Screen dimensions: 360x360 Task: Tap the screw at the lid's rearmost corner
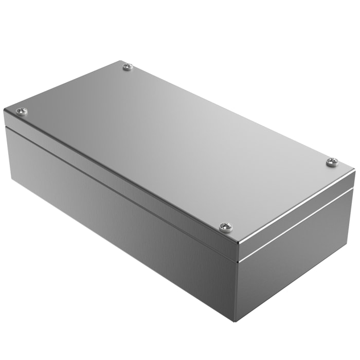tap(127, 66)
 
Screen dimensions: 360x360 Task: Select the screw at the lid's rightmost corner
tap(332, 162)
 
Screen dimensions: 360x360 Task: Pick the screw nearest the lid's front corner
tap(225, 226)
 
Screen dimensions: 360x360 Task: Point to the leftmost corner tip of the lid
tap(4, 110)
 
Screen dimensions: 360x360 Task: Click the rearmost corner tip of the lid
tap(123, 61)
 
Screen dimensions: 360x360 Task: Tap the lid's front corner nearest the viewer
tap(238, 246)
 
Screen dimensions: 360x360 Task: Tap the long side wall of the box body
tap(118, 226)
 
